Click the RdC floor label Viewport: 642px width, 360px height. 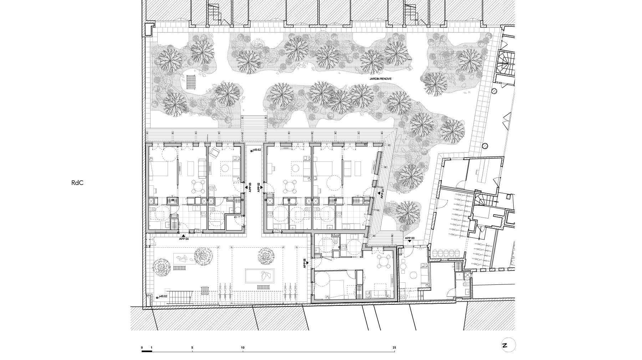click(x=77, y=183)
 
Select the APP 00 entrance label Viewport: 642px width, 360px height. click(x=409, y=238)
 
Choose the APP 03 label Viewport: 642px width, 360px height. click(x=250, y=187)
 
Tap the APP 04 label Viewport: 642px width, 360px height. click(x=184, y=239)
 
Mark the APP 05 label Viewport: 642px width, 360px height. click(x=305, y=263)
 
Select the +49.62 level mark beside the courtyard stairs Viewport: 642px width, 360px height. click(x=163, y=296)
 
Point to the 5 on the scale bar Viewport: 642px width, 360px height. click(x=192, y=348)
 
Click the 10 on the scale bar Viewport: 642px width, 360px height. click(x=243, y=348)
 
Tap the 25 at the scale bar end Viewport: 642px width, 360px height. click(x=394, y=348)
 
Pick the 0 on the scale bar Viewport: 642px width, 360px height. click(x=142, y=348)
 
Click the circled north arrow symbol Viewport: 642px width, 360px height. click(x=508, y=345)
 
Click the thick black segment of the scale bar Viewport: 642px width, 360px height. click(x=147, y=351)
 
